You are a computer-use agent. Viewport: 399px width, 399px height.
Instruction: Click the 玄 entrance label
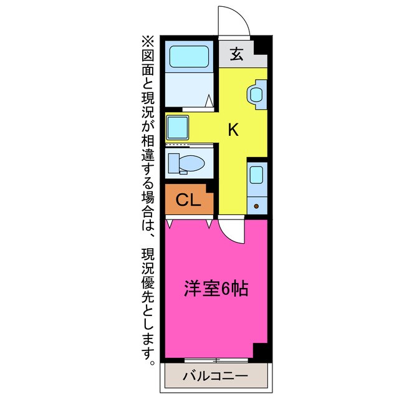coord(236,54)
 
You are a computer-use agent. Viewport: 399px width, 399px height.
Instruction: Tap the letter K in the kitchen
coord(233,130)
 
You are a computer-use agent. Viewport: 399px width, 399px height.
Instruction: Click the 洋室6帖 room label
coord(216,289)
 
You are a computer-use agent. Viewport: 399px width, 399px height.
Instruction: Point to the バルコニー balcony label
coord(216,376)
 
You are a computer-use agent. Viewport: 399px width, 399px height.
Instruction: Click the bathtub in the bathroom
coord(190,59)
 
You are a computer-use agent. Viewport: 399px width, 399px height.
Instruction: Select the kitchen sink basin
coord(257,175)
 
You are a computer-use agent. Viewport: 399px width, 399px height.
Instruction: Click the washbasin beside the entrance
coord(256,94)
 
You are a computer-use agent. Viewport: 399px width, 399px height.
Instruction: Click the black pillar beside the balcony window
coord(261,352)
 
